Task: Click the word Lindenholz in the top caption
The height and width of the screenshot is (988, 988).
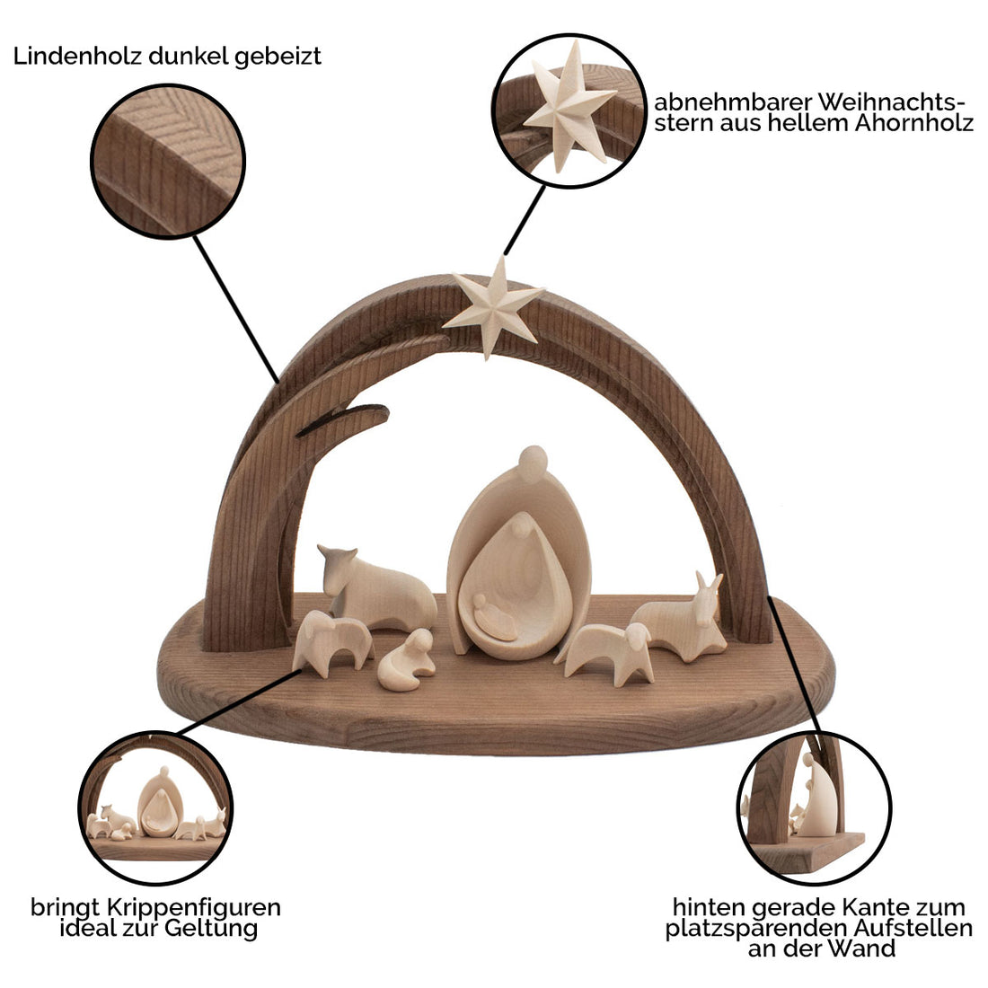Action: coord(66,57)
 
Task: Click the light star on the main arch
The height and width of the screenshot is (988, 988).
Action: coord(492,305)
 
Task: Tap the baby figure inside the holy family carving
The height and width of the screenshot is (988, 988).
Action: coord(495,620)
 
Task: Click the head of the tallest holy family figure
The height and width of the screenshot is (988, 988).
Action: coord(533,462)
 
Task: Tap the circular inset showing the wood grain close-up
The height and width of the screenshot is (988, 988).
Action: coord(168,162)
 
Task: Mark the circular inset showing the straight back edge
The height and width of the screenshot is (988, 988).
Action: coord(814,802)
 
